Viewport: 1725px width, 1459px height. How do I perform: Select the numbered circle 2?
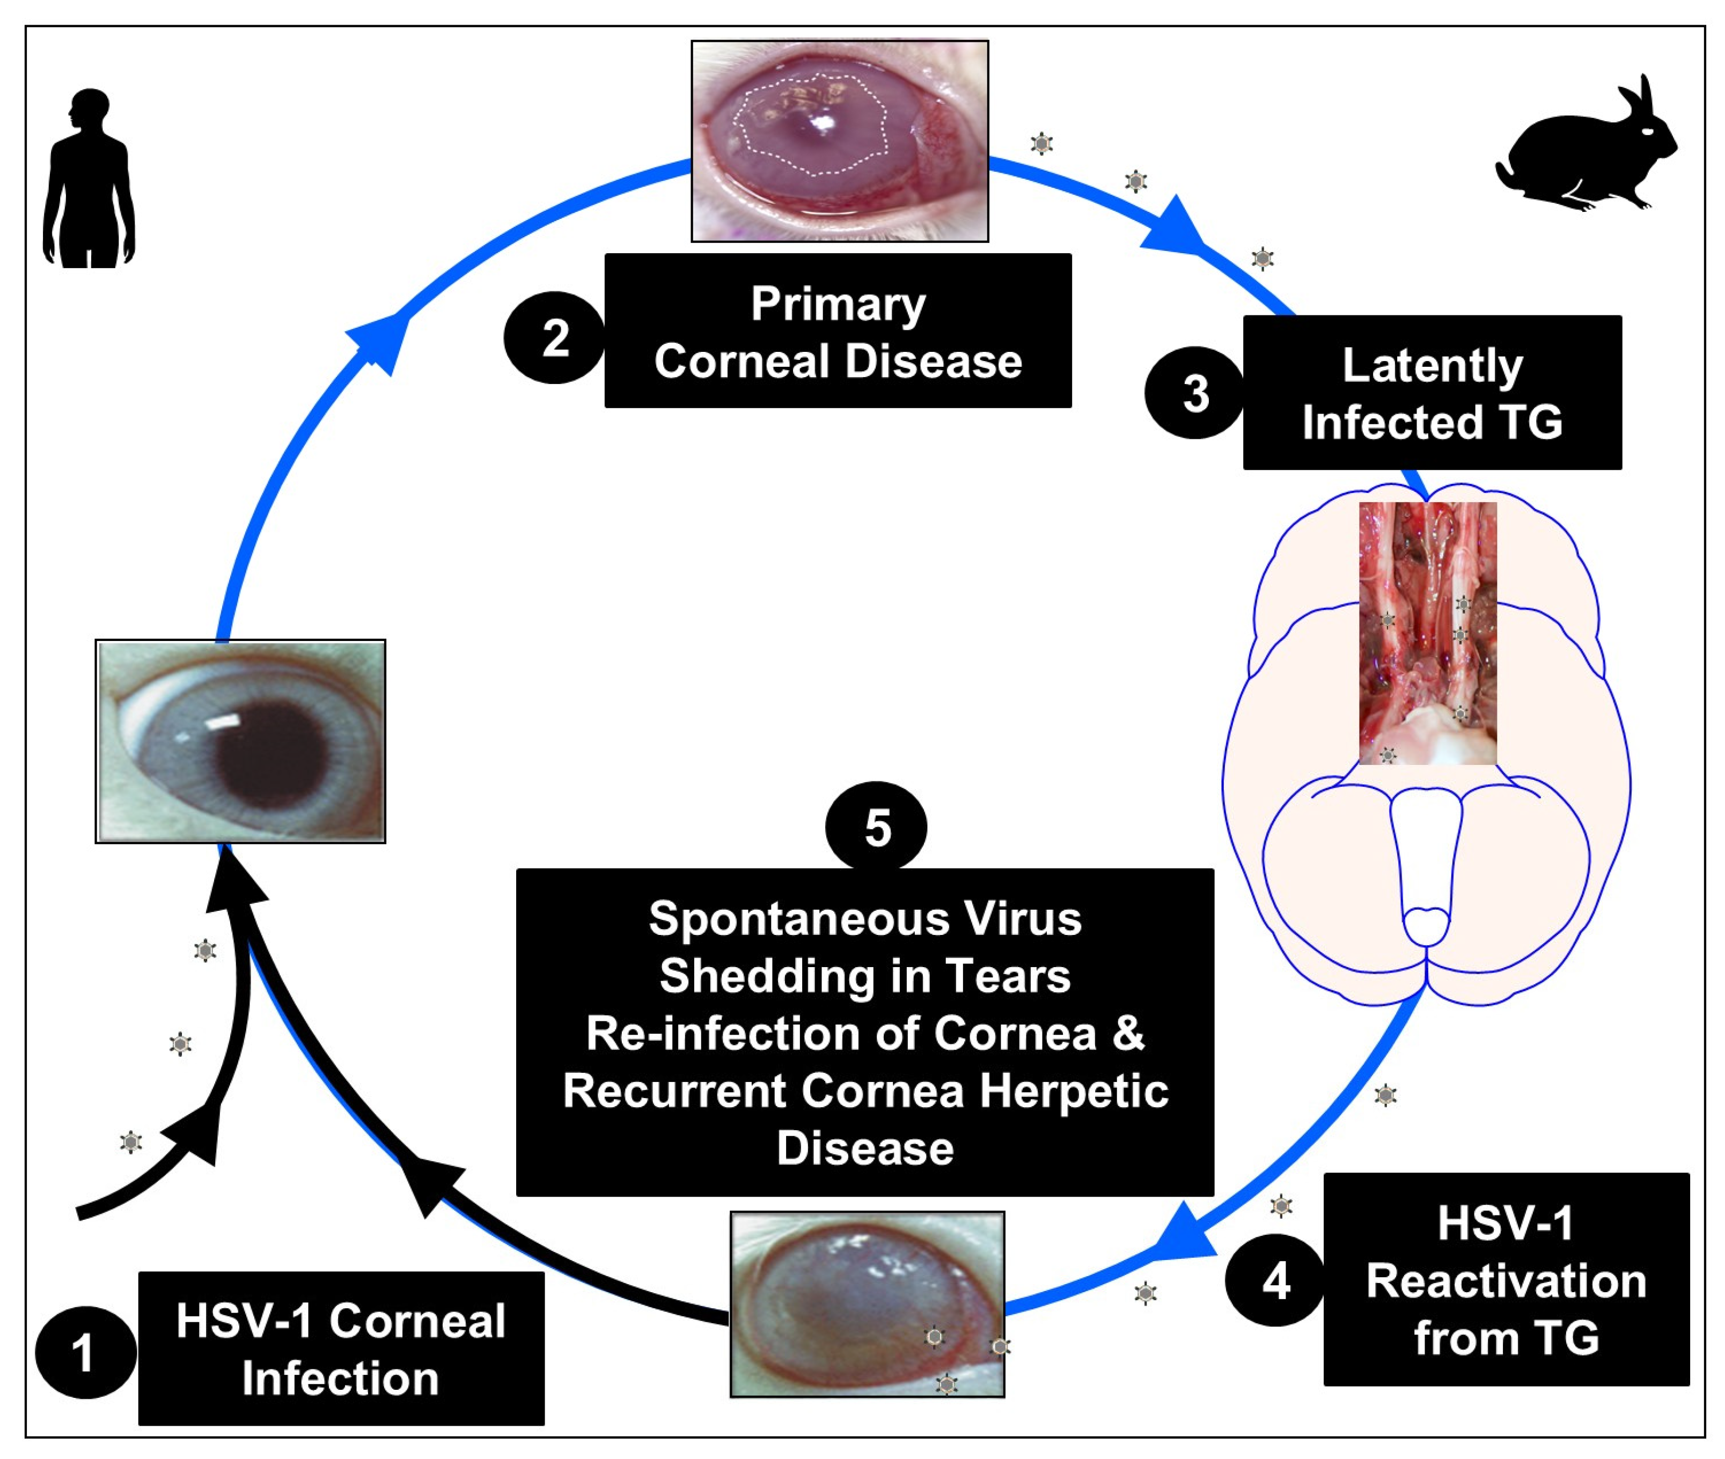point(554,337)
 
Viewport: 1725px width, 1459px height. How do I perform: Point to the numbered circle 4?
point(1275,1281)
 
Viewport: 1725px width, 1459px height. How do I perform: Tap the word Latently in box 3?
point(1432,366)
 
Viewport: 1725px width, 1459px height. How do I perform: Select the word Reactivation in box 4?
point(1506,1281)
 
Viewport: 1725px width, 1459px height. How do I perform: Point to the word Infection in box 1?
point(340,1379)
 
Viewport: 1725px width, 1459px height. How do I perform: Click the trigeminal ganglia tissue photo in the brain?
point(1427,633)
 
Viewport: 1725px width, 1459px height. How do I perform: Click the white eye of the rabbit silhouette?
point(1647,131)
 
